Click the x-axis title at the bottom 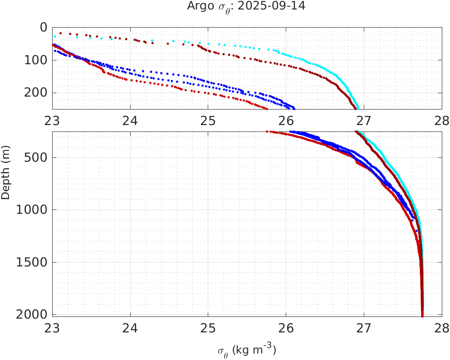tap(247, 350)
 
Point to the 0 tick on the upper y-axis tap(43, 27)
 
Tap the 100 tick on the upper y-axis tap(37, 60)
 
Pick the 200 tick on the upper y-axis tap(37, 93)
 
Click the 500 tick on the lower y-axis tap(37, 157)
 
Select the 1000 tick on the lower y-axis tap(34, 210)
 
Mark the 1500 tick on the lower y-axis tap(34, 262)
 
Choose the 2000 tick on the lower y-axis tap(34, 314)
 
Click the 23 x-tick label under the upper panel tap(53, 120)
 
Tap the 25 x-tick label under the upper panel tap(208, 120)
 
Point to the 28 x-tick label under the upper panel tap(441, 120)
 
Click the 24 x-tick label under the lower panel tap(130, 328)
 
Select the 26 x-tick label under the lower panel tap(286, 328)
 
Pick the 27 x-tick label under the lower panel tap(363, 328)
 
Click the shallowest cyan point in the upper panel tap(55, 36)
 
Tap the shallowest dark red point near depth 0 tap(61, 33)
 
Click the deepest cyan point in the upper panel tap(358, 108)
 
